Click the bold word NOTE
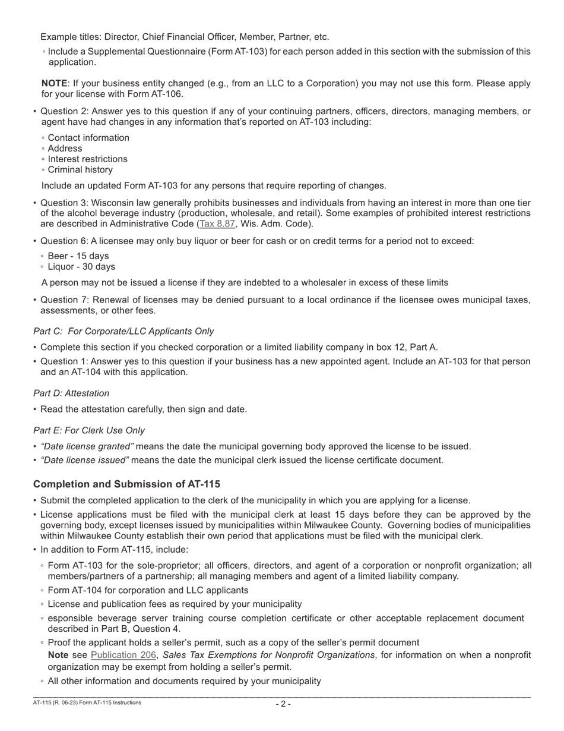54,83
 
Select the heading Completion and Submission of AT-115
126,484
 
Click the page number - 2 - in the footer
283,704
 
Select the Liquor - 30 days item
81,267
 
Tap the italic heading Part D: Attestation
71,393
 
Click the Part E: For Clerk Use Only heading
89,430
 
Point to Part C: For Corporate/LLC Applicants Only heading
123,331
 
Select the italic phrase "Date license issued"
85,460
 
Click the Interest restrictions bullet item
87,159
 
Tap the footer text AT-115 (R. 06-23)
56,703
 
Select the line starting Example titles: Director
184,37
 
